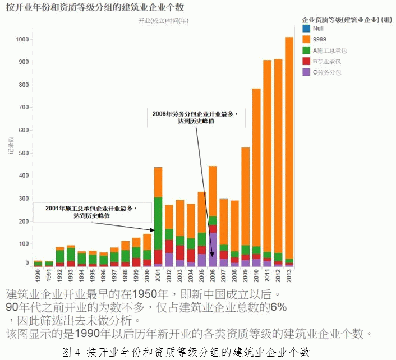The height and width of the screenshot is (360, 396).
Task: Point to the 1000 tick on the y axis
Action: coord(22,40)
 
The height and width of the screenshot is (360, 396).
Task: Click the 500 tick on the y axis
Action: coord(22,153)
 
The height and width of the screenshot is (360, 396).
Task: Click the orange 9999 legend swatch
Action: coord(306,39)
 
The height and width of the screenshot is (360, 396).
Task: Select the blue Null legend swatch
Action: coord(306,27)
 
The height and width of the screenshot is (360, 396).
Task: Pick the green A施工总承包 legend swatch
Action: coord(306,50)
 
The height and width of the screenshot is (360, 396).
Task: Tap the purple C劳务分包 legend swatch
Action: coord(306,72)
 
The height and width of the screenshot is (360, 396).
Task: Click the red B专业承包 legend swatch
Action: coord(306,61)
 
